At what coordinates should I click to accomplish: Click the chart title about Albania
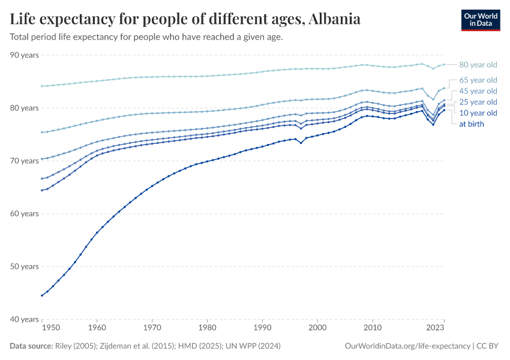point(185,19)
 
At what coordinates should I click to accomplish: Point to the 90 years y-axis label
point(25,55)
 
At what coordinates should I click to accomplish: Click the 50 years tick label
point(25,266)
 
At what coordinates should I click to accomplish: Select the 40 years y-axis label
point(25,319)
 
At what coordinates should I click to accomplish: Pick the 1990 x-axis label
point(262,328)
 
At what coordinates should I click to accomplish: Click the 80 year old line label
point(478,65)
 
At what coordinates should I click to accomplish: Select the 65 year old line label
point(478,80)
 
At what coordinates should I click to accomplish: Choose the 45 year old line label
point(478,91)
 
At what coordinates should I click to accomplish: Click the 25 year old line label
point(478,102)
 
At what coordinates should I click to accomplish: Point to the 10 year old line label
point(478,113)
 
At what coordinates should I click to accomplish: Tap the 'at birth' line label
point(471,124)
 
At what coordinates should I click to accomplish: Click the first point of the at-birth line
point(41,295)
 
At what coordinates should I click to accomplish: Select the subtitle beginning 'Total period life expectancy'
point(146,37)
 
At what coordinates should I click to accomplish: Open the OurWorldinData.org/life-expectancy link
point(408,346)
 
